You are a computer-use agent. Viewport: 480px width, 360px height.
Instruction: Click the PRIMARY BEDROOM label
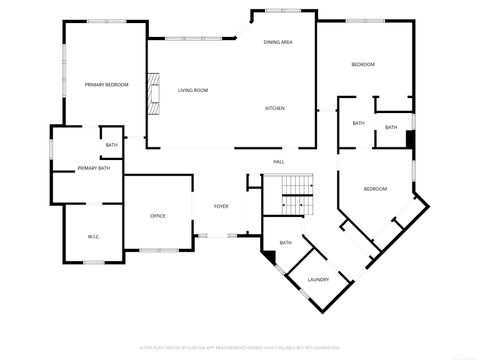[x=107, y=85]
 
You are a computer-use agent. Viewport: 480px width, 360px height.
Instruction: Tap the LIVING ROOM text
[x=193, y=91]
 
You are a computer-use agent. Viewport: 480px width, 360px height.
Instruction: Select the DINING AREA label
[x=278, y=42]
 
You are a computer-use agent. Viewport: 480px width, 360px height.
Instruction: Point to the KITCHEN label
[x=275, y=108]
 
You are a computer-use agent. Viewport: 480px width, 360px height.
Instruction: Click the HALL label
[x=280, y=161]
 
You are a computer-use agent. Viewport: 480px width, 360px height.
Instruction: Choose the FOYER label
[x=221, y=206]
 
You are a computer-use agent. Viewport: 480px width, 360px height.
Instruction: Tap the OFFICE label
[x=158, y=216]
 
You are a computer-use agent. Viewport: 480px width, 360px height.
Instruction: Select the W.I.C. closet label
[x=93, y=237]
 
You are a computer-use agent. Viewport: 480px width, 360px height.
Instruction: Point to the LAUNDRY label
[x=318, y=280]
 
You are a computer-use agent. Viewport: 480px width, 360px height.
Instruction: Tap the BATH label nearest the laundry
[x=285, y=242]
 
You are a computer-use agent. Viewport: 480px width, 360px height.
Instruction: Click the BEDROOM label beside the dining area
[x=363, y=64]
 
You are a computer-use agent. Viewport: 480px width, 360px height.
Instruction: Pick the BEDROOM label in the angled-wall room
[x=375, y=189]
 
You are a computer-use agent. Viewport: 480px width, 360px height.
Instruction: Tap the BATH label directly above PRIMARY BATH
[x=111, y=145]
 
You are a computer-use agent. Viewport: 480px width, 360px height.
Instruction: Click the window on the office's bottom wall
[x=158, y=249]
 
